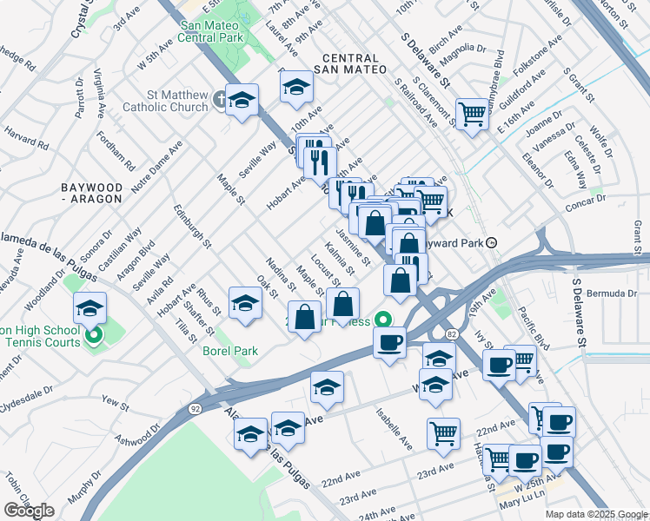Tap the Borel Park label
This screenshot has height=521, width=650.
click(229, 352)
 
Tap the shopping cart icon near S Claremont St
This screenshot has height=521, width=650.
click(471, 113)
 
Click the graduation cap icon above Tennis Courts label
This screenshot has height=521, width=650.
click(90, 308)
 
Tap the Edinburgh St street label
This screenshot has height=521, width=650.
click(191, 225)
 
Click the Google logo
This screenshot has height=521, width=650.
click(29, 510)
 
